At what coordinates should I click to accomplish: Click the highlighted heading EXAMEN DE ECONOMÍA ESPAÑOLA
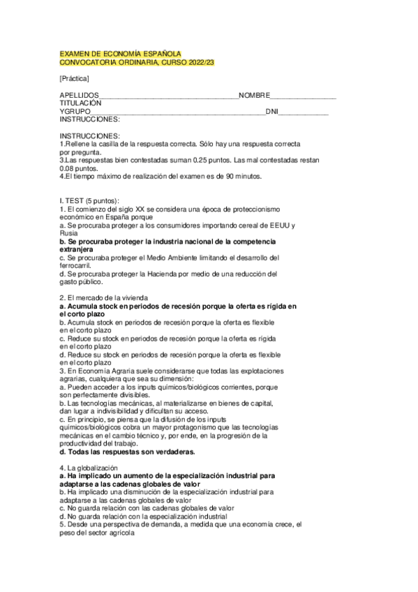point(121,54)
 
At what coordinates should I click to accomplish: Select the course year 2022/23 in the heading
point(200,63)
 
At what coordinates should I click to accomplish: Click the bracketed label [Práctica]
point(75,79)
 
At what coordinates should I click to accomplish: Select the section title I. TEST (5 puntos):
point(90,200)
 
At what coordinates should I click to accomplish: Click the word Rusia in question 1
point(69,233)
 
